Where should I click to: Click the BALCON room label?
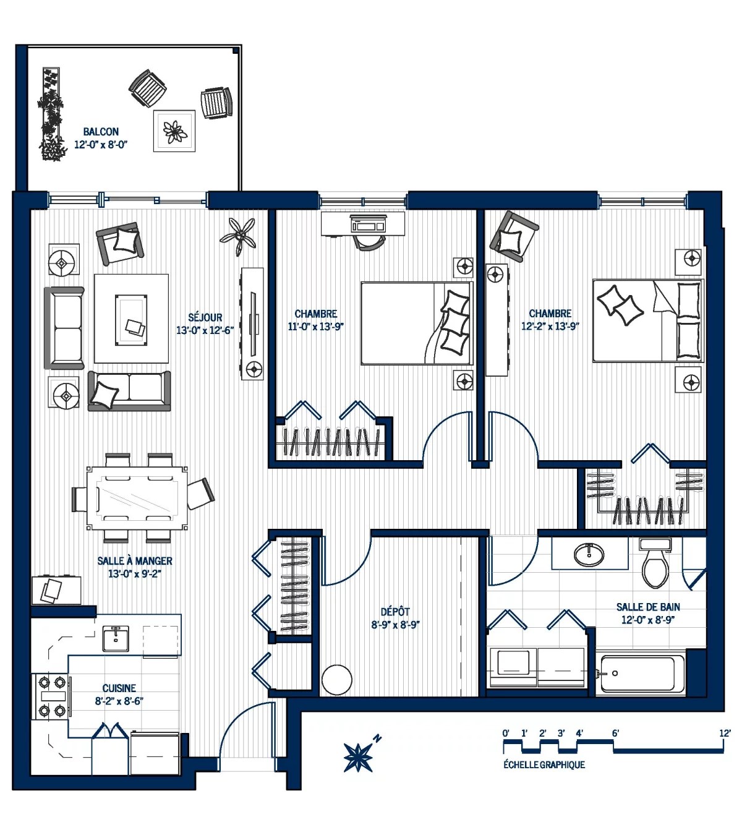(101, 132)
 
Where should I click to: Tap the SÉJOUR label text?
(205, 318)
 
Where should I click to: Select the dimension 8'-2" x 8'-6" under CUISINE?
(119, 701)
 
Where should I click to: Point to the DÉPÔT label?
(395, 612)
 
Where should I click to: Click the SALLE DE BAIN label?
(648, 607)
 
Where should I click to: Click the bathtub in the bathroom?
(642, 674)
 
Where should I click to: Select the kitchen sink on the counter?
(116, 638)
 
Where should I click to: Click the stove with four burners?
(51, 697)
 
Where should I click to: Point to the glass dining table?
(137, 498)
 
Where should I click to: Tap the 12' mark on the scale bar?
(725, 734)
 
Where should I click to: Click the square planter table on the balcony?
(174, 131)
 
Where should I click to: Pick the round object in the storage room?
(337, 680)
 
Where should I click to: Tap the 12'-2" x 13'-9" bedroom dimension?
(550, 326)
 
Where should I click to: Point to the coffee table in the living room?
(131, 320)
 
